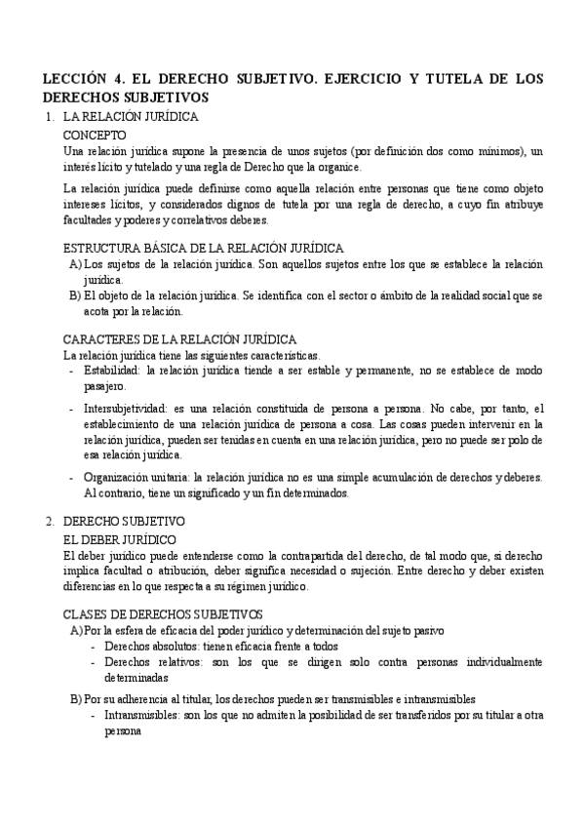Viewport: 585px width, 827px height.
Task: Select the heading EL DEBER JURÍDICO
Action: click(x=119, y=538)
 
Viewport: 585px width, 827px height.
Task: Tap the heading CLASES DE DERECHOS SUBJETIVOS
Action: click(x=163, y=613)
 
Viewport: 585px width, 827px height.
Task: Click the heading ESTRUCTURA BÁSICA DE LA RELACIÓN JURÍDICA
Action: click(x=203, y=248)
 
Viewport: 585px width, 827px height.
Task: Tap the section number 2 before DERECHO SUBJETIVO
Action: click(x=51, y=522)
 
